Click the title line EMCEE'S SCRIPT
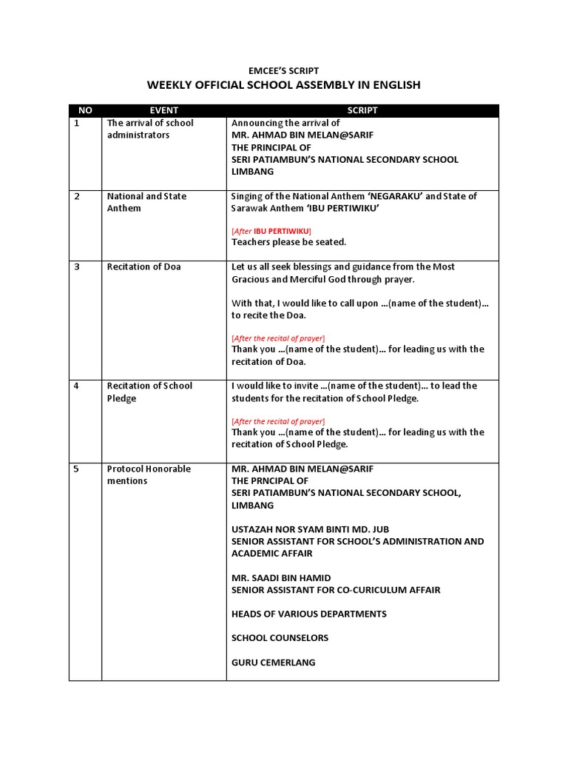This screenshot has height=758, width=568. tap(284, 71)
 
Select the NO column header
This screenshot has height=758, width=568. tap(85, 110)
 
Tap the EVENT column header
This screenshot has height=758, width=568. tap(163, 110)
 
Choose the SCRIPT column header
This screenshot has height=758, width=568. tap(362, 110)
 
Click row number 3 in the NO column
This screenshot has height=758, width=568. tap(77, 267)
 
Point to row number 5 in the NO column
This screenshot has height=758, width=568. tap(77, 469)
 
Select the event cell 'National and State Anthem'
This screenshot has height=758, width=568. tap(146, 202)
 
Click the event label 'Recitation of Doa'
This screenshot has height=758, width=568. tap(144, 267)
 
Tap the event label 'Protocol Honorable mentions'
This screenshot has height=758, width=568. tap(149, 474)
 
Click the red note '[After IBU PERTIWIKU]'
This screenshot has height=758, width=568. tap(271, 231)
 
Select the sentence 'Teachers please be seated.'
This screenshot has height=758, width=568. tap(288, 242)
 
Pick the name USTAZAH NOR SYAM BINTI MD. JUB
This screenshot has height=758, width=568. tap(310, 529)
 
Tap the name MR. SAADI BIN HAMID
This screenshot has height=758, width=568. tap(281, 578)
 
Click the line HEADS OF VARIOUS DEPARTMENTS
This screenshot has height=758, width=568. tap(308, 614)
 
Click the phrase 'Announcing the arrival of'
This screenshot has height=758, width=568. tap(285, 123)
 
